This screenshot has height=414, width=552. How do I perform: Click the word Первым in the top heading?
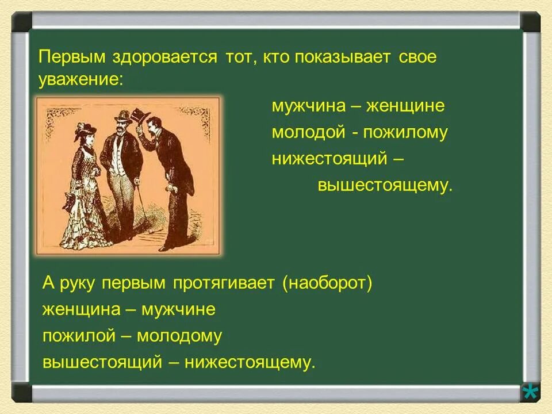coord(72,57)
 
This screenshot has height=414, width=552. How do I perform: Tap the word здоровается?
coord(165,57)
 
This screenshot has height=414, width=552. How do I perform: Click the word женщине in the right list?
coord(405,106)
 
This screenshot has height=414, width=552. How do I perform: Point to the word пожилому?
coord(405,133)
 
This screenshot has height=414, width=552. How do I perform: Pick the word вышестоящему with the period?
coord(385,185)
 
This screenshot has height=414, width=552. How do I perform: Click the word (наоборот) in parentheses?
coord(327,283)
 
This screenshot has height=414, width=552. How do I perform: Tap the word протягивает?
coord(224,283)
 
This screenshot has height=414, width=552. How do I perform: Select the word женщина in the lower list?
coord(81,309)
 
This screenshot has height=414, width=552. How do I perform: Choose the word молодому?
coord(179,336)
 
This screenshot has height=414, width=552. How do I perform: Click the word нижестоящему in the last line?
coord(250,363)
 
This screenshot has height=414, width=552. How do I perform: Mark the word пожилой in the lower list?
coord(79,336)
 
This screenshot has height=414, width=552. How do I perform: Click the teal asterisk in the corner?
coord(530,392)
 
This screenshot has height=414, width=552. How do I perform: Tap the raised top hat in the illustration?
coord(139,115)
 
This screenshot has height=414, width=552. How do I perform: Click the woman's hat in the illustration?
coord(85,131)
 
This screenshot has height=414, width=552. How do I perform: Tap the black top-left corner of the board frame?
coord(21,21)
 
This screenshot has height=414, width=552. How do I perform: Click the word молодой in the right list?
coord(308,133)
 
